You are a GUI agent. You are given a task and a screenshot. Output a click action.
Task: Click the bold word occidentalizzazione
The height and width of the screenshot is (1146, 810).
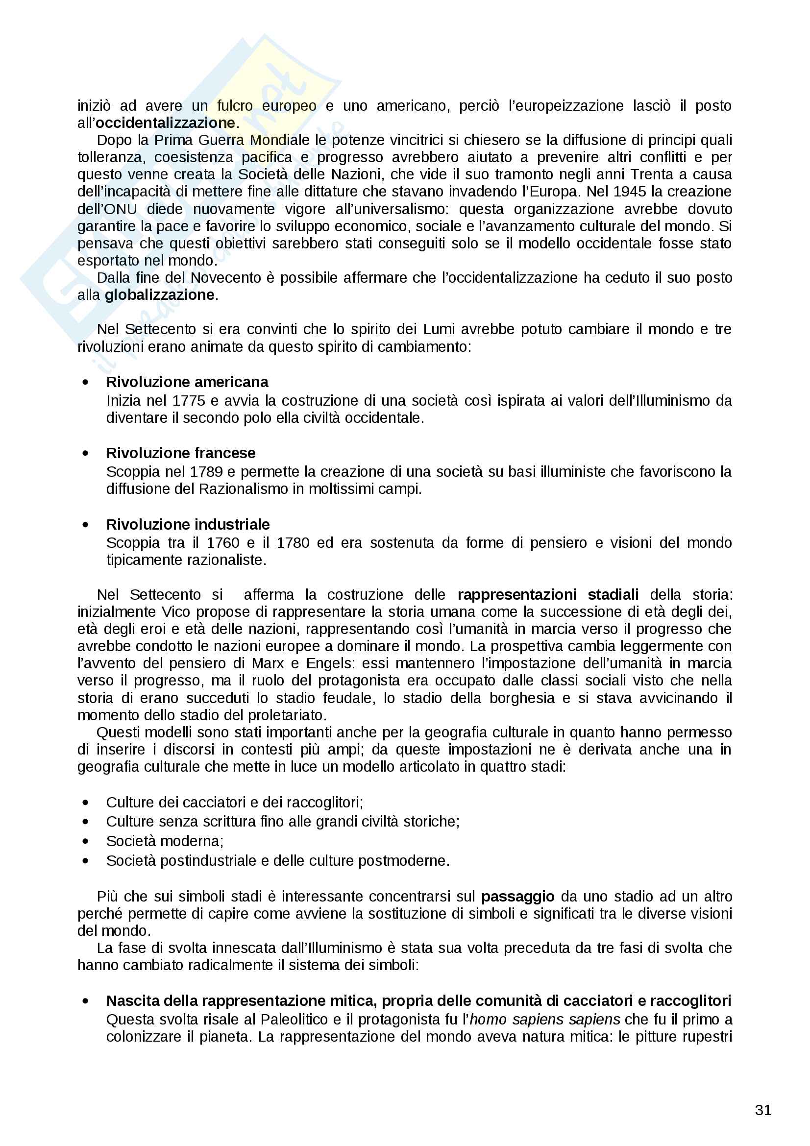(x=165, y=123)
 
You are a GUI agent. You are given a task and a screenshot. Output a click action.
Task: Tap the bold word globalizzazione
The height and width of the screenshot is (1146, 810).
(x=159, y=295)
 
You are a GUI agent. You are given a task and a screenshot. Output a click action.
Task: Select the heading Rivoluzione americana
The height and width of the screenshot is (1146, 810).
(x=187, y=382)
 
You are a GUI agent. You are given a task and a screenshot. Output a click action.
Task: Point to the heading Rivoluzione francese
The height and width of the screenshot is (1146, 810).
(x=181, y=453)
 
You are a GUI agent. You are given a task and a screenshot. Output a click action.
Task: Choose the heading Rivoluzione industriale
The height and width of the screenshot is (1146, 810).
(x=188, y=524)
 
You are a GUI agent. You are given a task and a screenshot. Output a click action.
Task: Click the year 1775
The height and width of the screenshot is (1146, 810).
(x=189, y=400)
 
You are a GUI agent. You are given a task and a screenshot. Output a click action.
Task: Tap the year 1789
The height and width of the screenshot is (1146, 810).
(x=206, y=471)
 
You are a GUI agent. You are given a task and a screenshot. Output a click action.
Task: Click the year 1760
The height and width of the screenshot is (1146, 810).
(x=223, y=542)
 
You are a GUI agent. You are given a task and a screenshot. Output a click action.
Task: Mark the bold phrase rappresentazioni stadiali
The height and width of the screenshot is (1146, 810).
(x=547, y=594)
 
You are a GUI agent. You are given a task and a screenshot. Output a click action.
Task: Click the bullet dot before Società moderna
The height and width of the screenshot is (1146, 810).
(x=86, y=842)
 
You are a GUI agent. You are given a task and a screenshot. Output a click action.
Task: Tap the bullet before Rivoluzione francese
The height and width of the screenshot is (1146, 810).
(x=86, y=453)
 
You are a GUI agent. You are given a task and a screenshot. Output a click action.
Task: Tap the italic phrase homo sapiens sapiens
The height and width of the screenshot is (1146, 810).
(x=544, y=1019)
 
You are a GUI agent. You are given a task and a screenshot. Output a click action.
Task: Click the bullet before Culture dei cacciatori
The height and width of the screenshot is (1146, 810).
(x=86, y=803)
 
